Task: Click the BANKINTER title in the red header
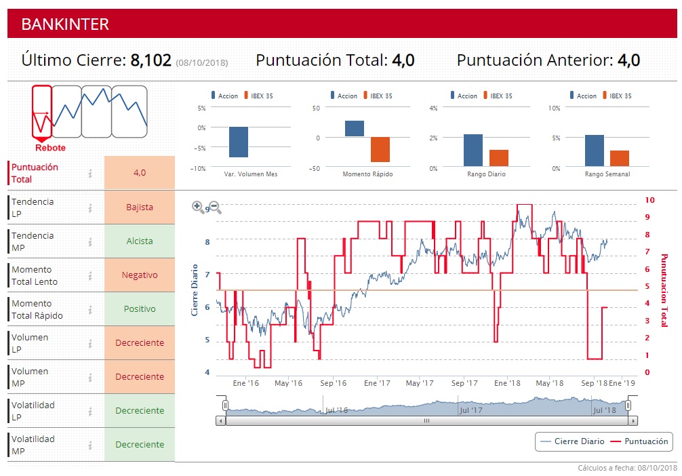click(65, 24)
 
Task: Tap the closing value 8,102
click(151, 60)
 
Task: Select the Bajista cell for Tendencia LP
click(140, 207)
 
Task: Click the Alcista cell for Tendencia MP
click(140, 241)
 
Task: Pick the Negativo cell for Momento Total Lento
click(140, 275)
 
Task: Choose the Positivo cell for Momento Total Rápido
click(140, 309)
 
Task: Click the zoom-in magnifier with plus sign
click(198, 207)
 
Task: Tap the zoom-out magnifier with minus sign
click(215, 207)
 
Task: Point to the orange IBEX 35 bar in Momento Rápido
click(380, 149)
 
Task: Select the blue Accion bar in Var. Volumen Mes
click(239, 142)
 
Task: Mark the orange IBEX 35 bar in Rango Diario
click(498, 158)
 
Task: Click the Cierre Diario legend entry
click(572, 441)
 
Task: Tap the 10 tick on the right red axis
click(649, 200)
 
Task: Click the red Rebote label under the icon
click(50, 148)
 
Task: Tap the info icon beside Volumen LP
click(89, 343)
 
